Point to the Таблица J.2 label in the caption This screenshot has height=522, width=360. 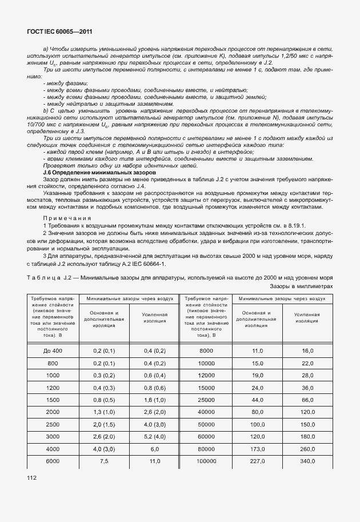pyautogui.click(x=51, y=277)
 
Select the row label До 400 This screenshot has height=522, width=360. pyautogui.click(x=53, y=350)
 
